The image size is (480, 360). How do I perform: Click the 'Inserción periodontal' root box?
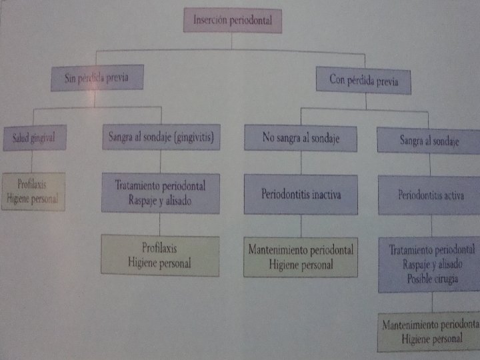tap(232, 21)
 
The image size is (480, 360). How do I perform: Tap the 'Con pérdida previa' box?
tap(363, 81)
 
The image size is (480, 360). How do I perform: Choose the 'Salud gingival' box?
tap(33, 137)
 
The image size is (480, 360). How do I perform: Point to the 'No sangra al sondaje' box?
tap(300, 138)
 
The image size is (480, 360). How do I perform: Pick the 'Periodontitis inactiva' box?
tap(300, 194)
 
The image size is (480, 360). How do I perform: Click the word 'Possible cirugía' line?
tap(432, 279)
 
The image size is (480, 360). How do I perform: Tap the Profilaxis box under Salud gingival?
tap(33, 191)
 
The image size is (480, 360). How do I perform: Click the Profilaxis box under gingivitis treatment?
tap(159, 255)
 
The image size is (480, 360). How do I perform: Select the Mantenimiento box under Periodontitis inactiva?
tap(301, 257)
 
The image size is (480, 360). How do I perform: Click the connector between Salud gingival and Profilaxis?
tap(31, 161)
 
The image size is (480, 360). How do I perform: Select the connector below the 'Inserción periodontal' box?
tap(232, 41)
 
